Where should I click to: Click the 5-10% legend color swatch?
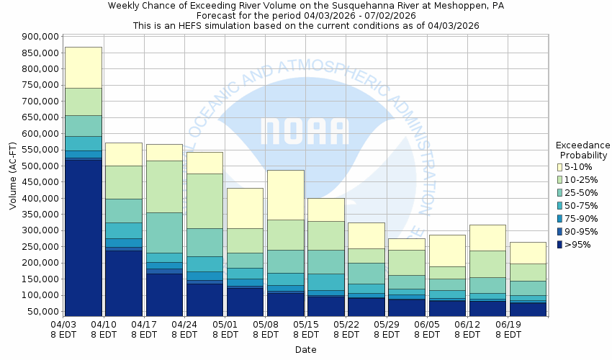click(559, 167)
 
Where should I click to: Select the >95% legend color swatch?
click(559, 245)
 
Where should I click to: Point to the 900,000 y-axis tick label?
click(40, 37)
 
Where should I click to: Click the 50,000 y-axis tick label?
click(42, 312)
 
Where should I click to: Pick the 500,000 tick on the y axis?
click(40, 166)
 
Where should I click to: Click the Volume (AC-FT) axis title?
click(13, 176)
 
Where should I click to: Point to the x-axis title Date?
click(305, 350)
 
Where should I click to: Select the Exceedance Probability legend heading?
click(583, 150)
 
